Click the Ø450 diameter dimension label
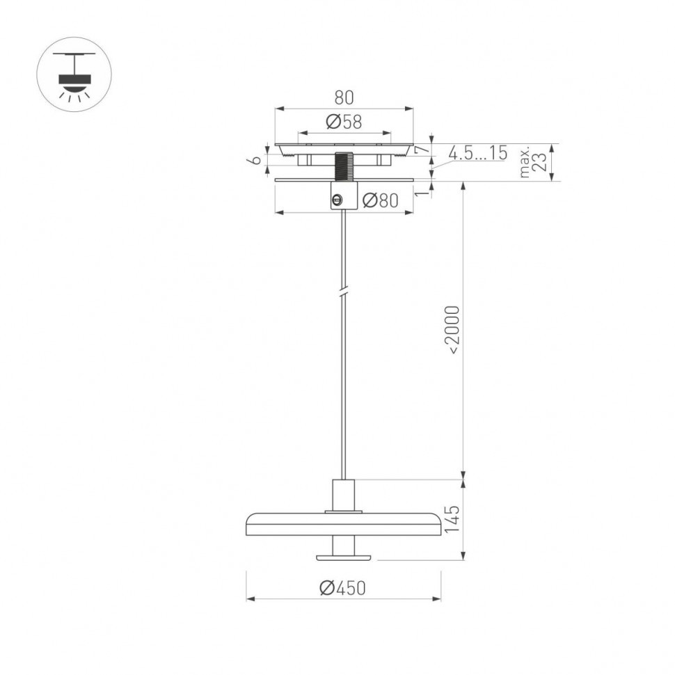point(342,588)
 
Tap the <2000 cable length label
point(452,330)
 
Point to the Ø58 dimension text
point(344,122)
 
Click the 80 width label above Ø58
point(344,97)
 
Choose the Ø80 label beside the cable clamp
point(380,201)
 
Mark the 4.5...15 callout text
point(477,154)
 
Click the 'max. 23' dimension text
point(534,163)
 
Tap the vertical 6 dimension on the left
point(255,159)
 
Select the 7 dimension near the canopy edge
point(420,150)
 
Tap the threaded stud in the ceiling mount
point(344,166)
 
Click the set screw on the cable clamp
point(337,200)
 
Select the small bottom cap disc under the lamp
point(344,557)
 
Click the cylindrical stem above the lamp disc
point(344,495)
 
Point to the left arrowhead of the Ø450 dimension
point(249,598)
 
